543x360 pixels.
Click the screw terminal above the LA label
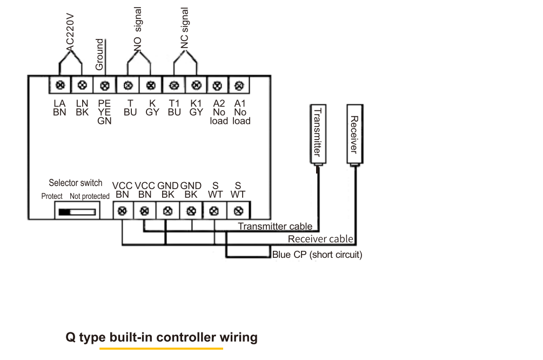pos(60,85)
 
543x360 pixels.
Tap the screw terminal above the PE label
pos(105,85)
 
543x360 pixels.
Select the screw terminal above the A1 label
pos(239,85)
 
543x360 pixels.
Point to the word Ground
pos(99,54)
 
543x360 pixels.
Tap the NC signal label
pos(185,28)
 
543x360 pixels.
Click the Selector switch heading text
pos(75,183)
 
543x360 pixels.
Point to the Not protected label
pos(90,196)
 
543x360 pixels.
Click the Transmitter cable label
pos(275,226)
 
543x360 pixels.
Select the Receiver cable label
pos(320,239)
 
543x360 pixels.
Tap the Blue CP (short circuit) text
pos(317,255)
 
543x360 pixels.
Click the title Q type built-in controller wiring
pos(162,338)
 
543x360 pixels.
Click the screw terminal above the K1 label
pos(197,85)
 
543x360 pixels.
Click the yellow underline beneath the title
pos(161,349)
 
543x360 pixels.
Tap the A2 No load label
pos(218,112)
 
